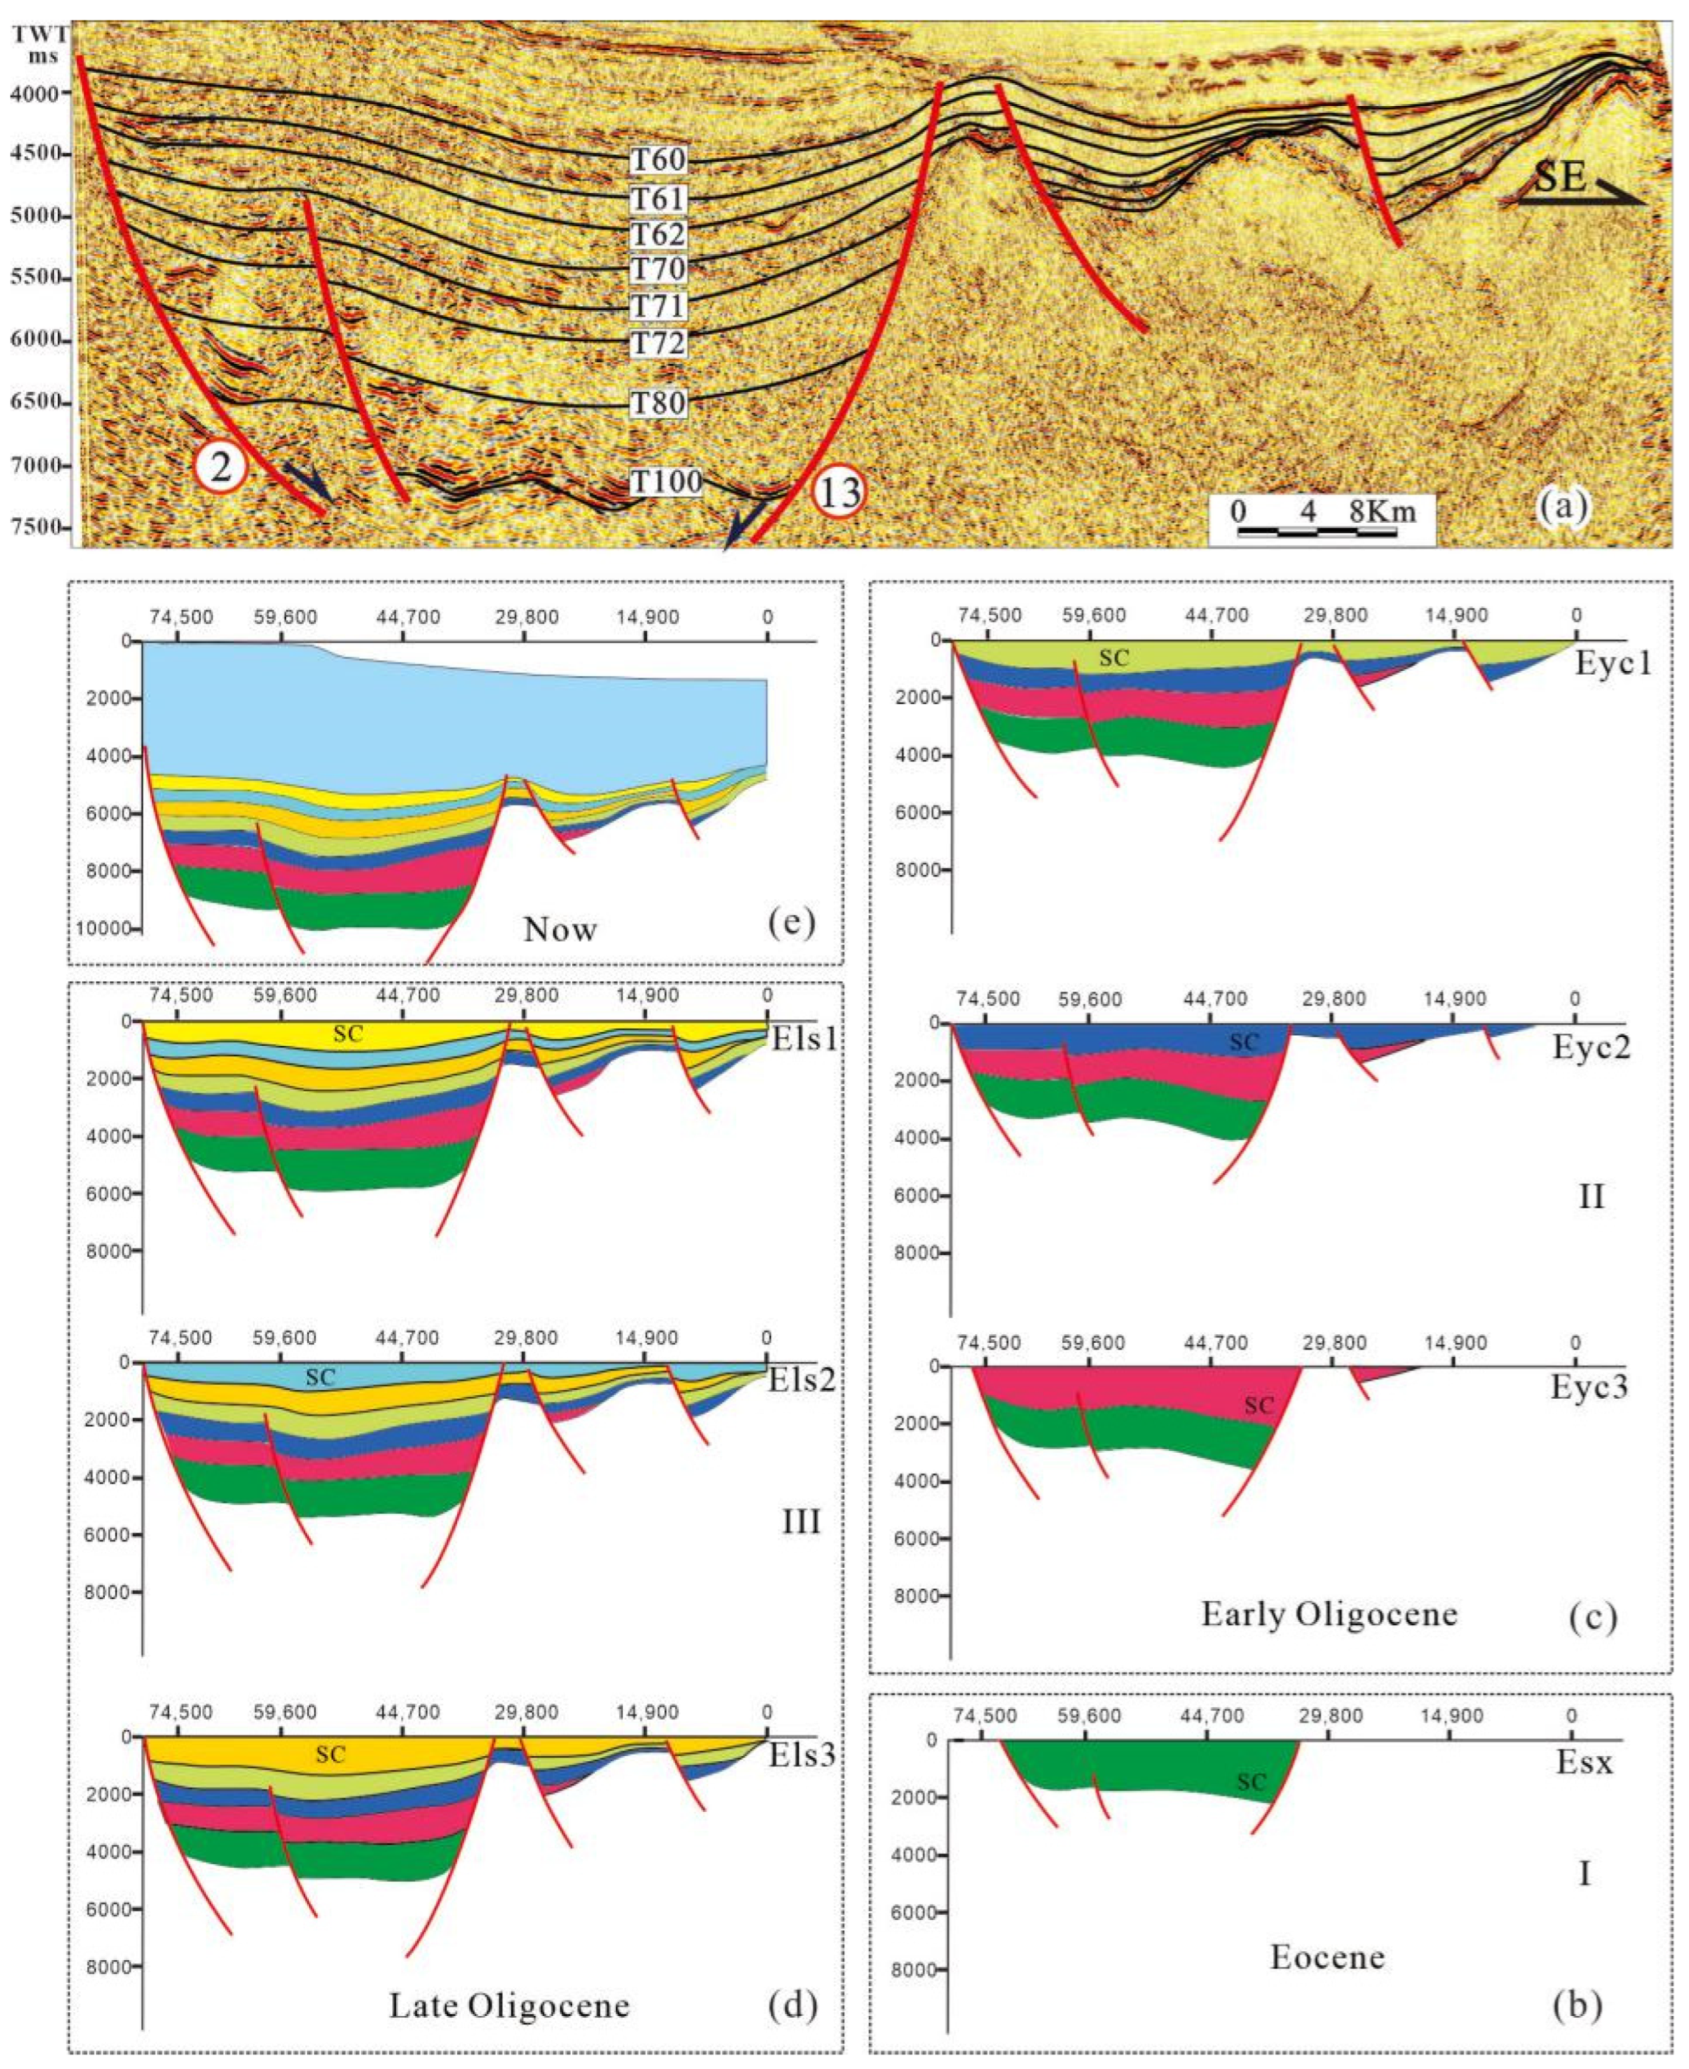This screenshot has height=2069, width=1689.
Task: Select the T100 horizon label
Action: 664,481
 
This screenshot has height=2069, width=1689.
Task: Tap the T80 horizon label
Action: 659,402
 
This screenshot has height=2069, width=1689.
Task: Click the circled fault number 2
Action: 221,468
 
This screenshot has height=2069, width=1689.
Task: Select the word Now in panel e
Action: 560,929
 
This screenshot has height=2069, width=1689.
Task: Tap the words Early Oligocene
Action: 1329,1614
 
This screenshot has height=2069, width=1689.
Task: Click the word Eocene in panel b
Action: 1327,1957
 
